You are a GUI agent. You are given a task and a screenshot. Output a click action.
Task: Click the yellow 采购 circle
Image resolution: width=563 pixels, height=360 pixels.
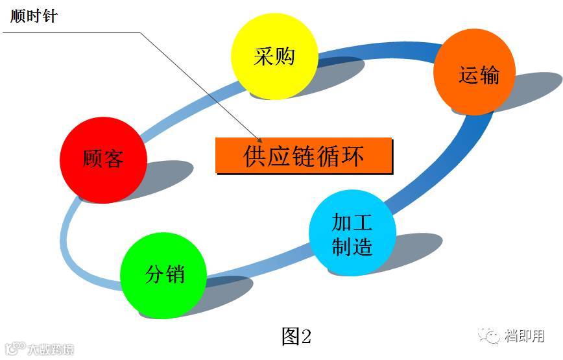[x=274, y=56]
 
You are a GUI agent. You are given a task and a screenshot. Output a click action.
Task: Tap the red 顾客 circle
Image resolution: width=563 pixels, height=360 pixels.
[x=103, y=160]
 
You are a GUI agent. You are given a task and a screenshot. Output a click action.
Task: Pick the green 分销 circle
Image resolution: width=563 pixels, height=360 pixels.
[x=164, y=273]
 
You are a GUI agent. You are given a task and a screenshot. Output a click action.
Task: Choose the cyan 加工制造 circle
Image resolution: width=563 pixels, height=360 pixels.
[x=352, y=233]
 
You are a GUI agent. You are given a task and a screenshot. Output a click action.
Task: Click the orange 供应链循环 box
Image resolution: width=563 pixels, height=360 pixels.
[x=304, y=156]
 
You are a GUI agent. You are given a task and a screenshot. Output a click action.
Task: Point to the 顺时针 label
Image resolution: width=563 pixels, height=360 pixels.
[x=34, y=16]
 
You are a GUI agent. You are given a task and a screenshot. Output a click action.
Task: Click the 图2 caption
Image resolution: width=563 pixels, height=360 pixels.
[x=297, y=336]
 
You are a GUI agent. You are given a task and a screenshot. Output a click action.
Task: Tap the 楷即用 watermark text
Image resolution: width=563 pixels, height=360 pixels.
[x=525, y=336]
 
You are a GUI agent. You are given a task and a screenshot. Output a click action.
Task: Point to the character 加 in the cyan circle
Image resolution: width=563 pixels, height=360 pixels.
[x=342, y=222]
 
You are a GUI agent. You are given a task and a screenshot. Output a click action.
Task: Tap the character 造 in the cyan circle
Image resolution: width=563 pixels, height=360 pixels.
[x=362, y=245]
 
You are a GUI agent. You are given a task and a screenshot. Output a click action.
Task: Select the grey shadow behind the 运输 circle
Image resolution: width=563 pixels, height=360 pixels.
[x=535, y=91]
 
